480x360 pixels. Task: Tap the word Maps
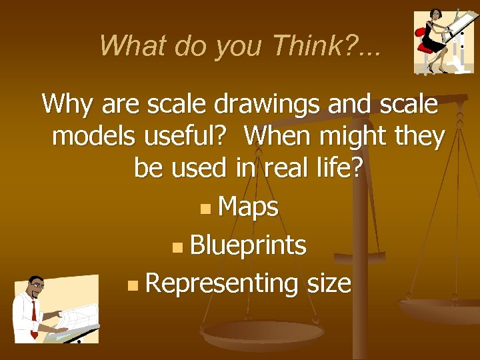click(248, 207)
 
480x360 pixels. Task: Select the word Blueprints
click(248, 246)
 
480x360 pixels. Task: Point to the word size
click(329, 285)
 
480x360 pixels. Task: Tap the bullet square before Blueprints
click(176, 248)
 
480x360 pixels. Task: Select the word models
click(92, 137)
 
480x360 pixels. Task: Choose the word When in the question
click(279, 137)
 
